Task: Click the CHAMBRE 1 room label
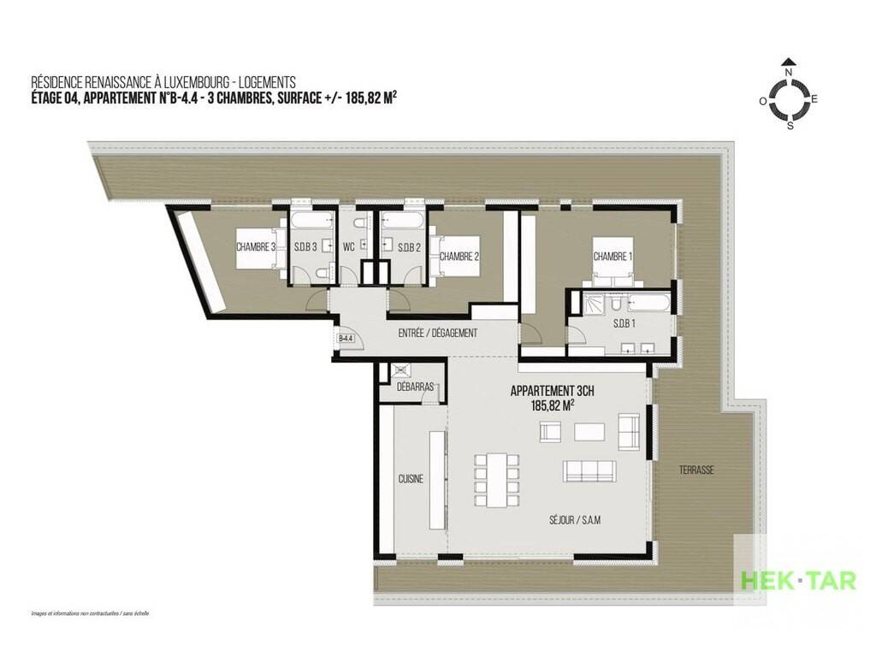pos(613,257)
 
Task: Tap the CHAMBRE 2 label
pos(459,257)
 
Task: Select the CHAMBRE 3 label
pos(256,247)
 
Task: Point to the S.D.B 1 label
pos(624,323)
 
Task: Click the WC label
pos(349,247)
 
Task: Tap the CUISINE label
pos(411,479)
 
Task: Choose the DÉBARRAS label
pos(415,387)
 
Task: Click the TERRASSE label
pos(696,471)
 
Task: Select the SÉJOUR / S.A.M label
pos(575,520)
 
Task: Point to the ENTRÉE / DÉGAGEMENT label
pos(438,333)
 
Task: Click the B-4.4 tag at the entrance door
pos(346,338)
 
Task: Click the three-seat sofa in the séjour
pos(589,471)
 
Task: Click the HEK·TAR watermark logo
pos(798,581)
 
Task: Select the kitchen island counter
pos(438,480)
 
